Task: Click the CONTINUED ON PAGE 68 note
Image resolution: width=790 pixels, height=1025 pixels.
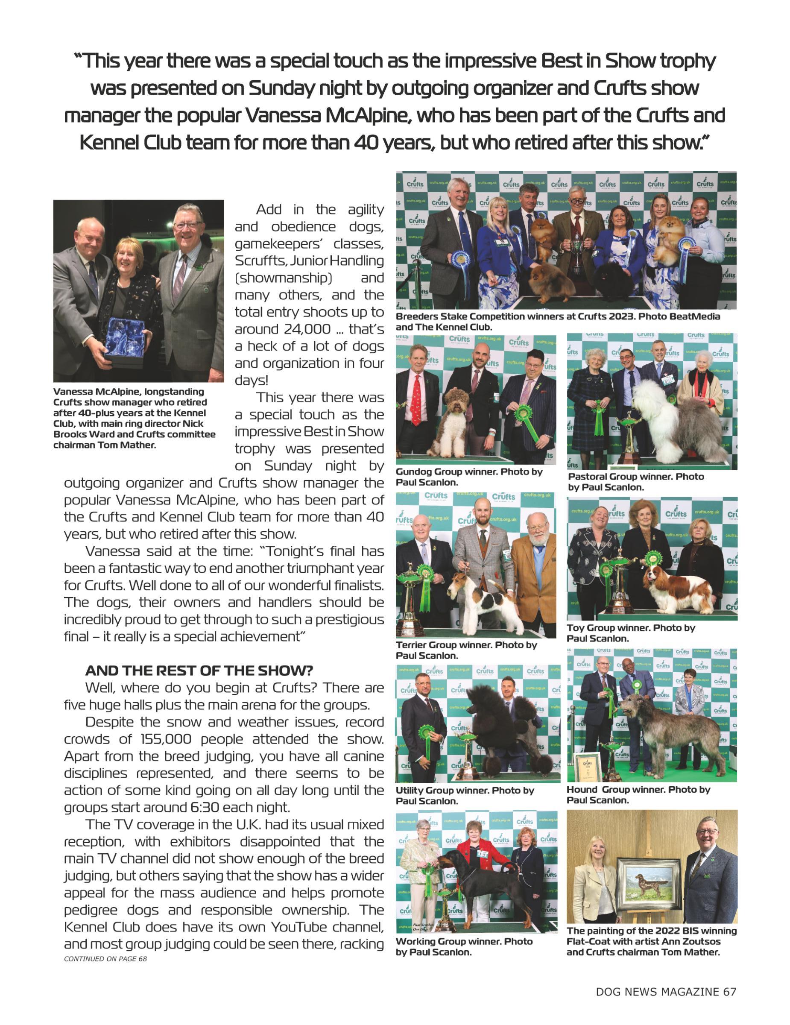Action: tap(105, 959)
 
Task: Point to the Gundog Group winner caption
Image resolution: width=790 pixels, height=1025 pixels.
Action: tap(469, 477)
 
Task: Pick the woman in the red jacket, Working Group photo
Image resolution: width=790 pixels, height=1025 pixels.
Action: tap(479, 849)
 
